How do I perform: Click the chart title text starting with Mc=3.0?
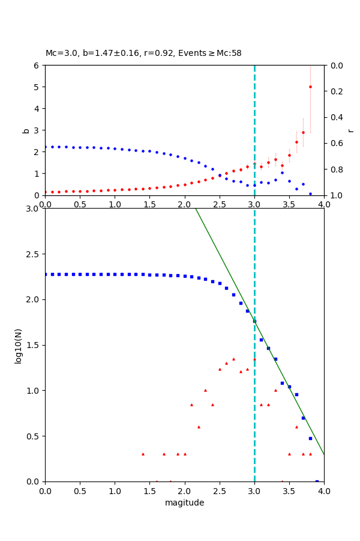click(143, 53)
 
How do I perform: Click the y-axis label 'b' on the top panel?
click(26, 130)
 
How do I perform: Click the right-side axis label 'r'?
click(351, 130)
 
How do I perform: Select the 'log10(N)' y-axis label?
click(18, 345)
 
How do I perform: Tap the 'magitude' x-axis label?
click(184, 503)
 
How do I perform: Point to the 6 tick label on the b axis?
click(38, 66)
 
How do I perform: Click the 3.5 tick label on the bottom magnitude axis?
click(289, 491)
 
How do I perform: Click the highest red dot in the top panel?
click(310, 87)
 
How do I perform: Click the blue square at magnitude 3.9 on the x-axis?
click(317, 481)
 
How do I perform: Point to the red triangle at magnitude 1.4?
click(143, 454)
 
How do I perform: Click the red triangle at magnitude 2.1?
click(191, 405)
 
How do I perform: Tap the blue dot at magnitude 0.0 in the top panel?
click(46, 147)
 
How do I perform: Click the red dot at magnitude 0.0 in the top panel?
click(46, 192)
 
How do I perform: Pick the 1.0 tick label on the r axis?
click(335, 195)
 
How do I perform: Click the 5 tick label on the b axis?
click(38, 87)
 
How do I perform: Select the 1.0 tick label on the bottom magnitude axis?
click(115, 491)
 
